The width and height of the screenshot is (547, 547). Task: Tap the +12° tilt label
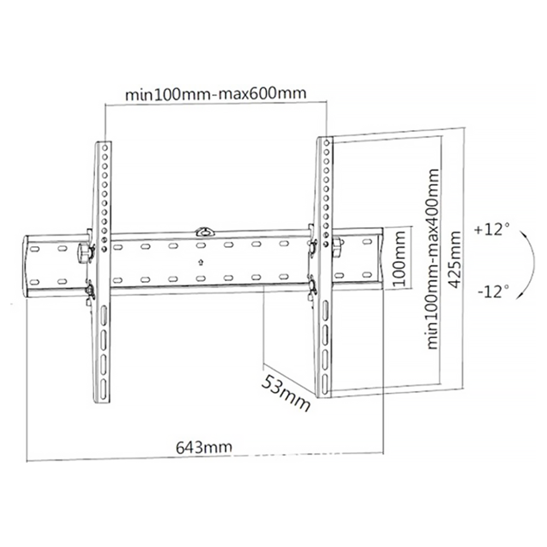(492, 230)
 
